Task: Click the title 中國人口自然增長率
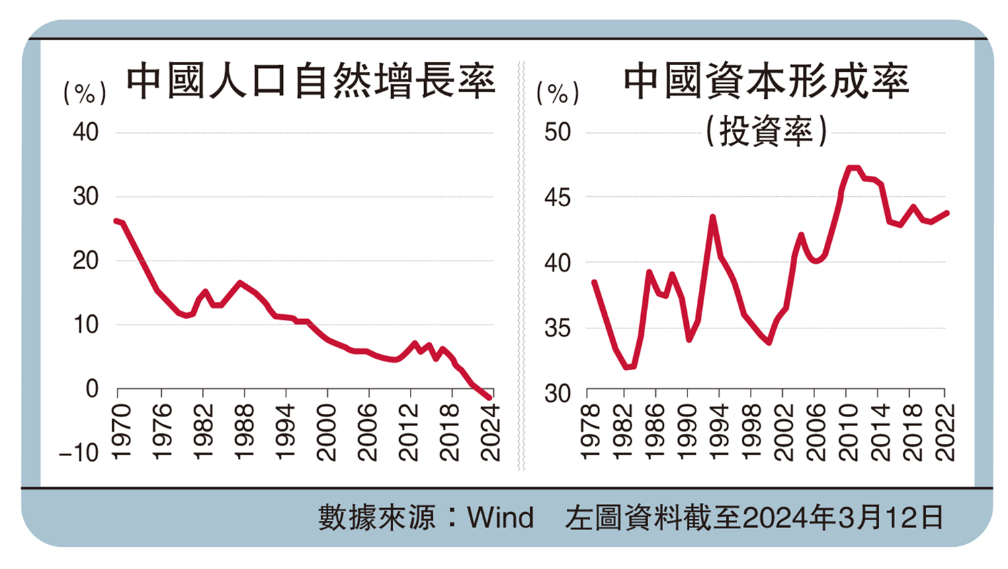point(310,82)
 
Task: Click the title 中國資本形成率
point(765,82)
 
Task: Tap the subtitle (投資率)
point(765,130)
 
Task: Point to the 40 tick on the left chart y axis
point(86,132)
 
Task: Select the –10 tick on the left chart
point(79,453)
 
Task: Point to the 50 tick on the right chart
point(557,132)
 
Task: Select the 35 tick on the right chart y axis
point(557,329)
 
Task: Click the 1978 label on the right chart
point(589,432)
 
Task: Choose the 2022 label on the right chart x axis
point(945,432)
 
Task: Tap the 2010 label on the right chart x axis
point(848,432)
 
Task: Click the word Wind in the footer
point(501,518)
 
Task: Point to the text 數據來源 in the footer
point(376,518)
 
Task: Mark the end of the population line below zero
point(489,398)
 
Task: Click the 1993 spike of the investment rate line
point(712,217)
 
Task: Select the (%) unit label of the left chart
point(85,93)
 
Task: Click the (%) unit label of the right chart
point(557,93)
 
